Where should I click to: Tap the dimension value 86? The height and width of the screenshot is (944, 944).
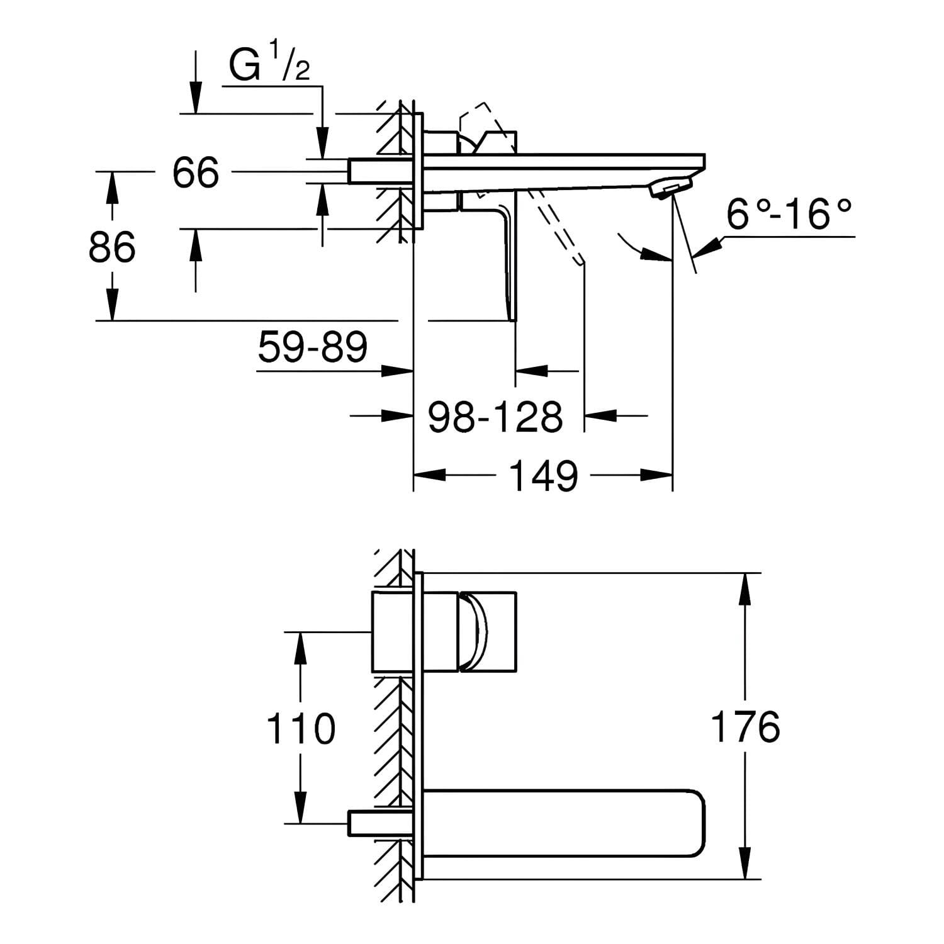[x=112, y=247]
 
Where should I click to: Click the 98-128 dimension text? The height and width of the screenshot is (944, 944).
[x=495, y=416]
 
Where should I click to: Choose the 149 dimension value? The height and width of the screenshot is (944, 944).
[x=543, y=476]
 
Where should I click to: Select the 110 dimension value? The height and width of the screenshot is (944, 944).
[x=301, y=728]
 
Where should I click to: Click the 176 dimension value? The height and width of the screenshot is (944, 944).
[x=745, y=726]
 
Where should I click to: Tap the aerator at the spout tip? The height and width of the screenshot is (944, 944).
[x=671, y=187]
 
